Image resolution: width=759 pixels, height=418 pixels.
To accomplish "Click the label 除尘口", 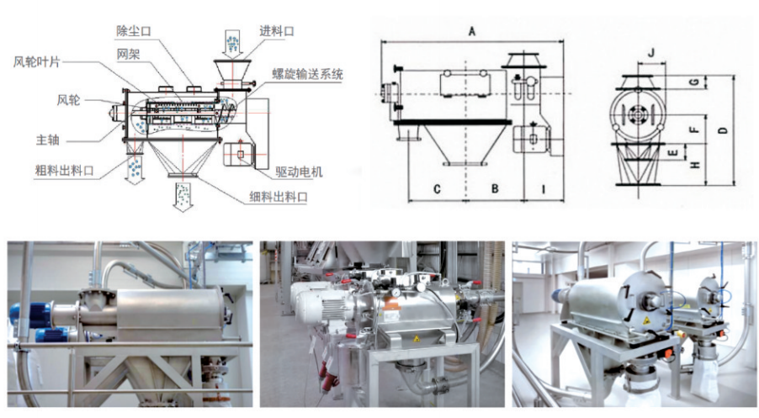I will point(133,30).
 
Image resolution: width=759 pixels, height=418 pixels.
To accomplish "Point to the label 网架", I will point(128,53).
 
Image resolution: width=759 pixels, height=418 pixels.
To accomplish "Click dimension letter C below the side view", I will point(438,189).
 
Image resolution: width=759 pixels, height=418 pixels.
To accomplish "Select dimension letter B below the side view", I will point(496,189).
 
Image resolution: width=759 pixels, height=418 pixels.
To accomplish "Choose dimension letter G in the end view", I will point(693,82).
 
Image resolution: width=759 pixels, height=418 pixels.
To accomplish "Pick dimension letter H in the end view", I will point(693,166).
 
